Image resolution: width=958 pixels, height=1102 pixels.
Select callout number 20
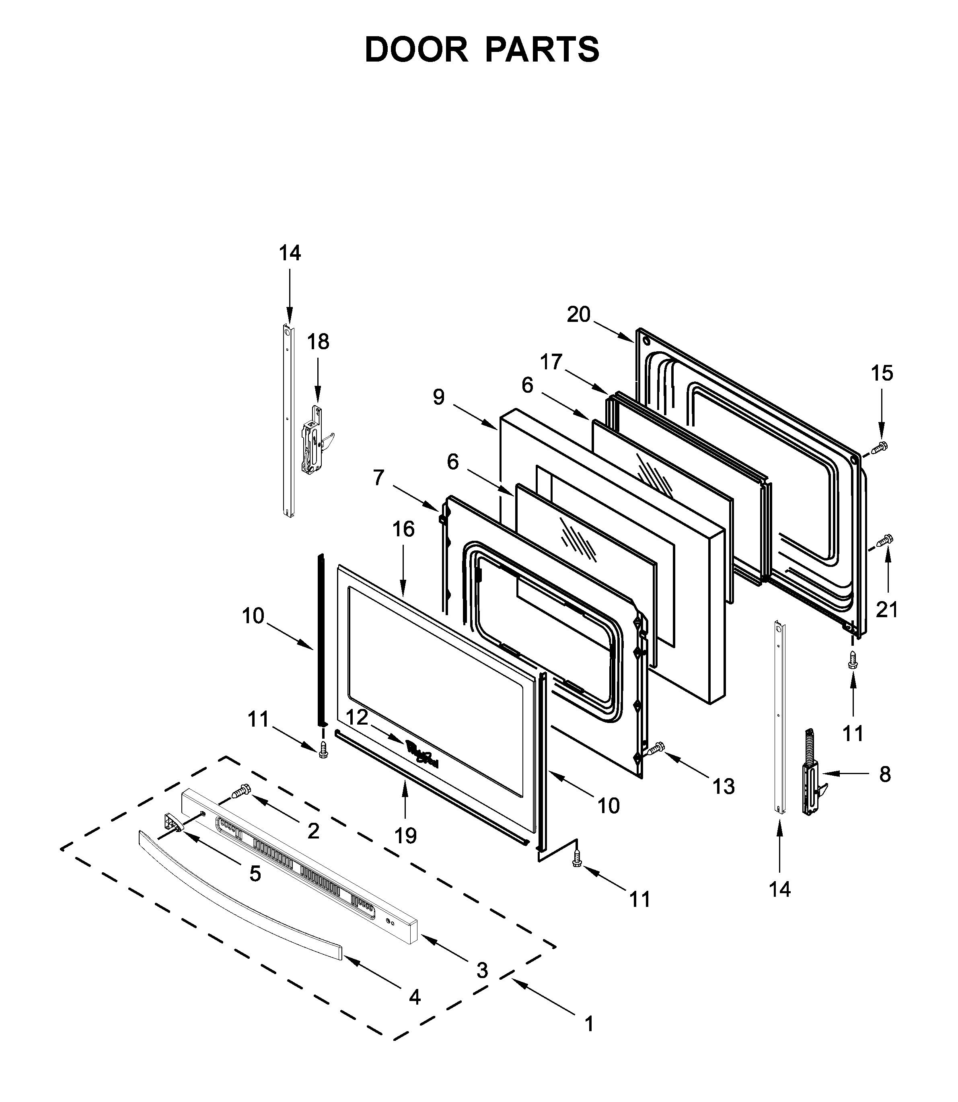(578, 314)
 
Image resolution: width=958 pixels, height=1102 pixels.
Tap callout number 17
(551, 362)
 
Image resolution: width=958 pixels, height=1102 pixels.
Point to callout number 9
(438, 397)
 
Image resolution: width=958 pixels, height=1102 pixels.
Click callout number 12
(357, 717)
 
